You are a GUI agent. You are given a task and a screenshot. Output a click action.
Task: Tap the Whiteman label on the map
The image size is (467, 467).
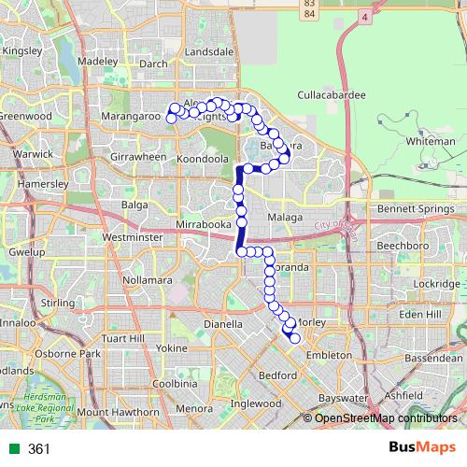coord(432,141)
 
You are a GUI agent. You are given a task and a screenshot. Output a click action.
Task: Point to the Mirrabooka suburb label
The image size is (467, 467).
coord(203,226)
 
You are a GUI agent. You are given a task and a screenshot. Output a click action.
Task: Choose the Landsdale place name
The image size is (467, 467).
coord(210,52)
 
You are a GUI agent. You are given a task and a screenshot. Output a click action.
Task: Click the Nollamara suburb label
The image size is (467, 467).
coord(149,280)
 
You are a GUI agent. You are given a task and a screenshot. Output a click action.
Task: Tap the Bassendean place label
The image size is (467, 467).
coord(433,357)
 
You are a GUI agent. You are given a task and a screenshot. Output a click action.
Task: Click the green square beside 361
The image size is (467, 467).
coord(12,449)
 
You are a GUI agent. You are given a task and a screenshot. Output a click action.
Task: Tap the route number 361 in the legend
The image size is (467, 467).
coord(38,449)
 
